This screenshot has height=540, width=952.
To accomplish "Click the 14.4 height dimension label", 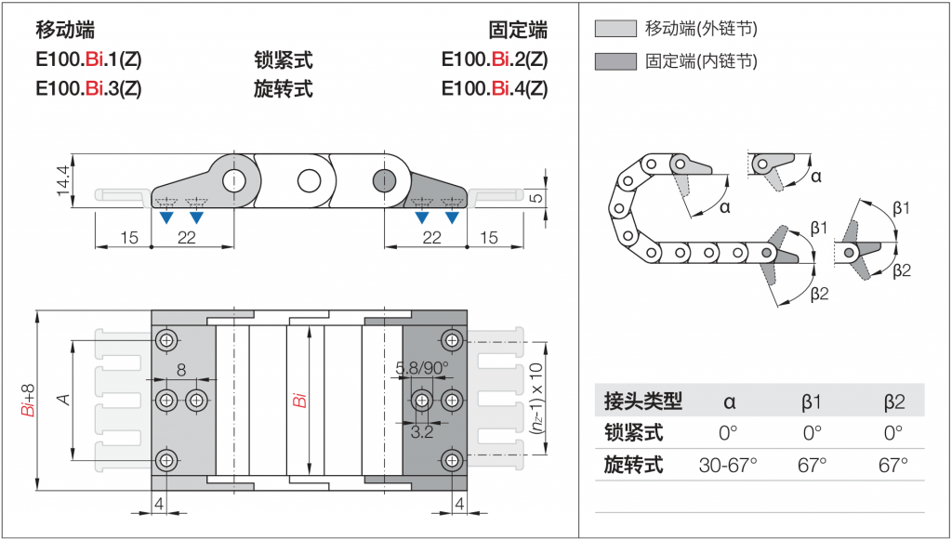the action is point(63,181).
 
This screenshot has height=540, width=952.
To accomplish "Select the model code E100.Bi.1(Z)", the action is point(88,59).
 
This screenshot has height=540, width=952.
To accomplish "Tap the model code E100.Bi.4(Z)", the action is point(495,88).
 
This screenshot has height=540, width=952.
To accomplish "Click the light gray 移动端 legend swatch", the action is point(615,29).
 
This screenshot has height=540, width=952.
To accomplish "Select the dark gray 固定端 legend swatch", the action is point(615,61).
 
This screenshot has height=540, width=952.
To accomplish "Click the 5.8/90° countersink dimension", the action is point(422,368).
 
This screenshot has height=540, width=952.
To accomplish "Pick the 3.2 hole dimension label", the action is point(422,432).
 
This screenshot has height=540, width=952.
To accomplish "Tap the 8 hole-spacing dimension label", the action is point(181,370).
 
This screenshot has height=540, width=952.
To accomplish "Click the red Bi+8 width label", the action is point(29,401).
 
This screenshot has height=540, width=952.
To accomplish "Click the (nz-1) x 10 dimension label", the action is point(536,398).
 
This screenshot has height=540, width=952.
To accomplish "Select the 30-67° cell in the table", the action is point(728,466).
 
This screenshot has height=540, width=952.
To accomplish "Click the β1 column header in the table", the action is point(811,402).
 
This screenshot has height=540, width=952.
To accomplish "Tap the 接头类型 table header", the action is point(643,402).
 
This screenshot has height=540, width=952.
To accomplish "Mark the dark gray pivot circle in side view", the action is point(384,180).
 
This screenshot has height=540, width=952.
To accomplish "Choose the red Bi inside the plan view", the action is point(299,401).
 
